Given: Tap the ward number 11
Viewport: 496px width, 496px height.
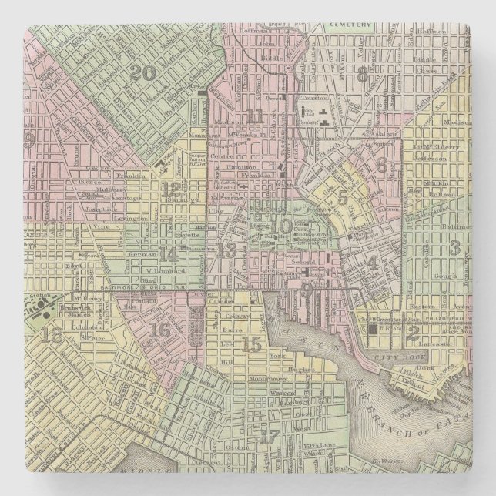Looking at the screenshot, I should tap(255, 116).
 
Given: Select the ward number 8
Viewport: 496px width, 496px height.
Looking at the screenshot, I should tap(362, 74).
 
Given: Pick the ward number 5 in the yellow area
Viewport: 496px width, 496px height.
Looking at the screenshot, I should tap(344, 196).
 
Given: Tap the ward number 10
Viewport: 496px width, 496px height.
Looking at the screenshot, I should tap(283, 226).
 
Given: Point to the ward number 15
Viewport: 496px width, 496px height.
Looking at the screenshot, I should tap(251, 345).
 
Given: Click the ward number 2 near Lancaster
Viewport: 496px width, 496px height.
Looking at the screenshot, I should tap(413, 333).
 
